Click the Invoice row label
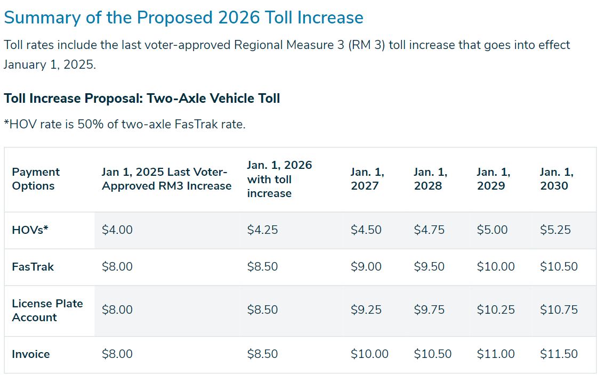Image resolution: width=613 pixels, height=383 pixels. (31, 354)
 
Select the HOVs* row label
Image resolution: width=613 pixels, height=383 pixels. (30, 230)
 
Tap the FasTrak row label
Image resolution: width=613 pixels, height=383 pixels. (33, 267)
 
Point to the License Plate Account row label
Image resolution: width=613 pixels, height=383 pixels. (47, 310)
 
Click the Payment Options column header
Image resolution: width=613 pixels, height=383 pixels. (36, 179)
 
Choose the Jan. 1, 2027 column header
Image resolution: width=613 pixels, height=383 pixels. (367, 179)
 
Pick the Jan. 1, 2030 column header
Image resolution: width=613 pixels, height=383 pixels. (556, 179)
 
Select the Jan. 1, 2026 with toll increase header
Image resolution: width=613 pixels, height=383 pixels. (279, 179)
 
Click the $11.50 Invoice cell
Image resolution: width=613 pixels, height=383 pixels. (559, 354)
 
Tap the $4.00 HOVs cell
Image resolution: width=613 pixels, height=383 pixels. (117, 230)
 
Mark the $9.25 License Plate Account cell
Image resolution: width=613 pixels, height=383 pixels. (366, 310)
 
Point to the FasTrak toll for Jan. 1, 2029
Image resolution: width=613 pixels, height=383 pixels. (496, 267)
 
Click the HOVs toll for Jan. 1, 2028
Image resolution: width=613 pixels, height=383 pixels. (429, 230)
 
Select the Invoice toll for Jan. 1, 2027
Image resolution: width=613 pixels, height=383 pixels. (369, 354)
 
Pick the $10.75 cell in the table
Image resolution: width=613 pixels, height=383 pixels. (559, 310)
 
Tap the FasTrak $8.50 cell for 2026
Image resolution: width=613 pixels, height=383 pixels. (262, 267)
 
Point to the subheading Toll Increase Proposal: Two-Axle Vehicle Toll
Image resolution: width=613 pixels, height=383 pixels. (142, 99)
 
